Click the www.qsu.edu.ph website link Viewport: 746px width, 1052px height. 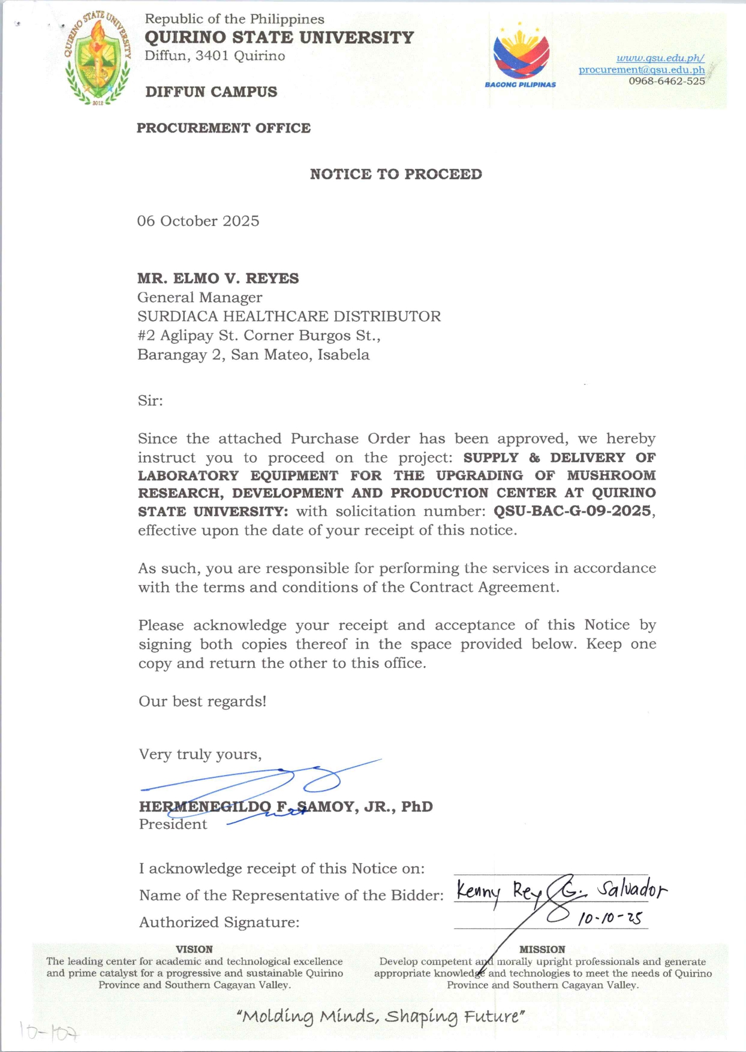pyautogui.click(x=660, y=58)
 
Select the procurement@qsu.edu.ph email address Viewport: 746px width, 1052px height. pyautogui.click(x=641, y=70)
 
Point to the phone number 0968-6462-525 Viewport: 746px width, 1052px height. pyautogui.click(x=666, y=81)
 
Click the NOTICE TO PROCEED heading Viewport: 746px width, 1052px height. pyautogui.click(x=396, y=174)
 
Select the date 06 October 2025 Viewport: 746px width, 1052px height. pyautogui.click(x=198, y=221)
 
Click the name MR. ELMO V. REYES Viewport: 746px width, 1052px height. pyautogui.click(x=218, y=278)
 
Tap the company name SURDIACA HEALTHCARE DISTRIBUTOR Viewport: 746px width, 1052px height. pyautogui.click(x=288, y=316)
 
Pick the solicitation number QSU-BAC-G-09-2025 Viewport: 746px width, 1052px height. pyautogui.click(x=572, y=511)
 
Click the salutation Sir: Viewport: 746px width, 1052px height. pyautogui.click(x=150, y=400)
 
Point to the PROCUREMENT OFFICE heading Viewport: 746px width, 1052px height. pyautogui.click(x=223, y=128)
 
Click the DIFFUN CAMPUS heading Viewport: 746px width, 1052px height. pyautogui.click(x=211, y=92)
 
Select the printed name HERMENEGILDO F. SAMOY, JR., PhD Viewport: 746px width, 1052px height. pyautogui.click(x=285, y=806)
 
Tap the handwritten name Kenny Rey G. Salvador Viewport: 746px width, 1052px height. pyautogui.click(x=560, y=891)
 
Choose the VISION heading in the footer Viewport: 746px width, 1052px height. pyautogui.click(x=194, y=949)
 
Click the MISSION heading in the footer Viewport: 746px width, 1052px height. pyautogui.click(x=542, y=949)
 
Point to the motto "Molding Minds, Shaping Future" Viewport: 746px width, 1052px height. pyautogui.click(x=381, y=1016)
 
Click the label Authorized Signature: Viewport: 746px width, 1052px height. pyautogui.click(x=219, y=922)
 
